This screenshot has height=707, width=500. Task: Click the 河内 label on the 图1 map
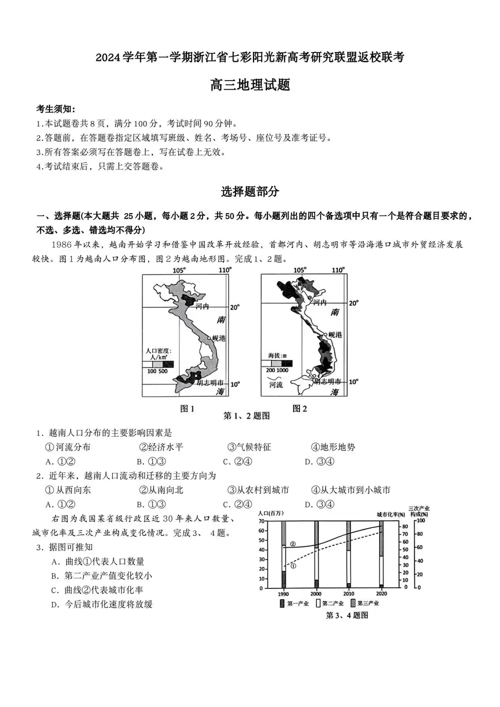[201, 306]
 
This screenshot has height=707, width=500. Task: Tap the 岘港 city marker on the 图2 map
[325, 334]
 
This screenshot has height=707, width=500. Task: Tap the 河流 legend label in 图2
[276, 385]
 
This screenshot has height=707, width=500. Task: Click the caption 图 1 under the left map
[187, 409]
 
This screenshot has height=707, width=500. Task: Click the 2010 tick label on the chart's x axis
[348, 593]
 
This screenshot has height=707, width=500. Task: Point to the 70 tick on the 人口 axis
[262, 521]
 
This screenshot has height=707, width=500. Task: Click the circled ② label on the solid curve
[293, 543]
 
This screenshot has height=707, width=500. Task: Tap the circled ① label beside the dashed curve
[293, 566]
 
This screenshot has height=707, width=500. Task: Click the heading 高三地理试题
[250, 85]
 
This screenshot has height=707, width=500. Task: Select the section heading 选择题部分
[250, 191]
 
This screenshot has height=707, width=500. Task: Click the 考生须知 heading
[56, 109]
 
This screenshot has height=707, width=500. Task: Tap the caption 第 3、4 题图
[346, 615]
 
